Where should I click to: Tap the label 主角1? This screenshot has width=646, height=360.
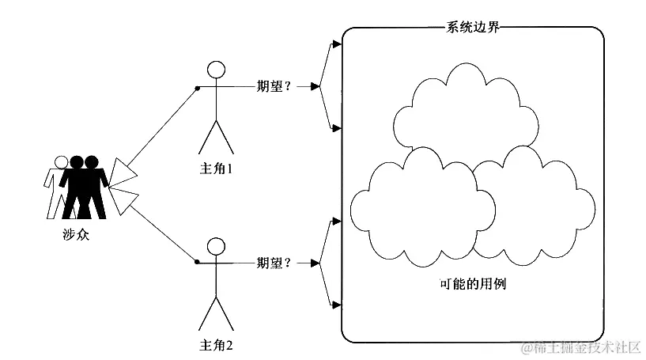[216, 169]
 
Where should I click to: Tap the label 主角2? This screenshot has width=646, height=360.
[216, 345]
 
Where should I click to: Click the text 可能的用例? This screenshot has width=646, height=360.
[472, 282]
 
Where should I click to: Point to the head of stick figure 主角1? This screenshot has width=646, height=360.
[216, 68]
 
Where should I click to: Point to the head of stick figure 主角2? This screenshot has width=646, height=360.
[216, 244]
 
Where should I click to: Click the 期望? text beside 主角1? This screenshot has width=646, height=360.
[274, 85]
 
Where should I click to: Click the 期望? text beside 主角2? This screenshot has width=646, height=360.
[274, 262]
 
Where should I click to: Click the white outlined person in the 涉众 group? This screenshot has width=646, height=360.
[55, 186]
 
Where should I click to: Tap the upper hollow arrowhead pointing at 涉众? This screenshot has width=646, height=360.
[125, 170]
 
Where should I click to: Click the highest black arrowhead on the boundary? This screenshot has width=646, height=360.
[337, 44]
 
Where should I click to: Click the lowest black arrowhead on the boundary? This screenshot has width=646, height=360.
[337, 305]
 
